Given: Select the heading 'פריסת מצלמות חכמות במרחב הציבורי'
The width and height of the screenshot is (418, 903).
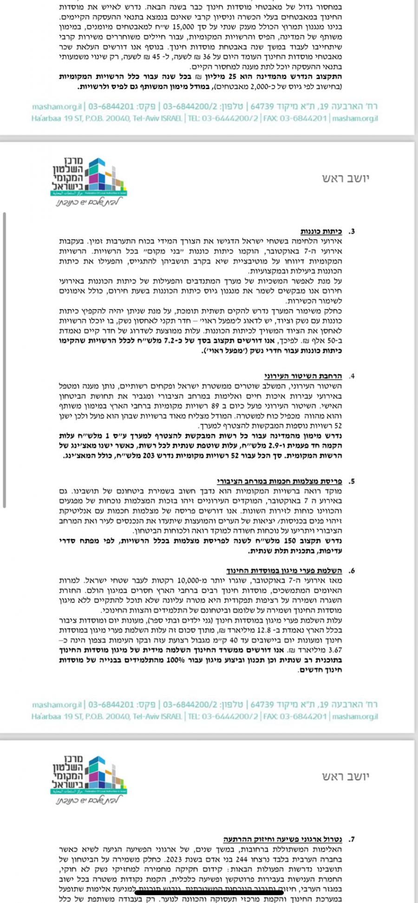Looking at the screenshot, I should click(x=279, y=481).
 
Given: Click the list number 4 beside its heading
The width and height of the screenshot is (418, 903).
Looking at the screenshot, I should click(x=352, y=376).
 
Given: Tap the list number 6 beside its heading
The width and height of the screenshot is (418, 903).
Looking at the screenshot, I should click(x=352, y=570).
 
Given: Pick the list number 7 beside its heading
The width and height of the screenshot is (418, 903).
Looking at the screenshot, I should click(x=352, y=839).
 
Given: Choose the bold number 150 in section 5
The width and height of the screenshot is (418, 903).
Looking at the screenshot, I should click(x=295, y=541).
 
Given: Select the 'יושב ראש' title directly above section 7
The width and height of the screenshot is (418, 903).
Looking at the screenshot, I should click(x=346, y=776).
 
